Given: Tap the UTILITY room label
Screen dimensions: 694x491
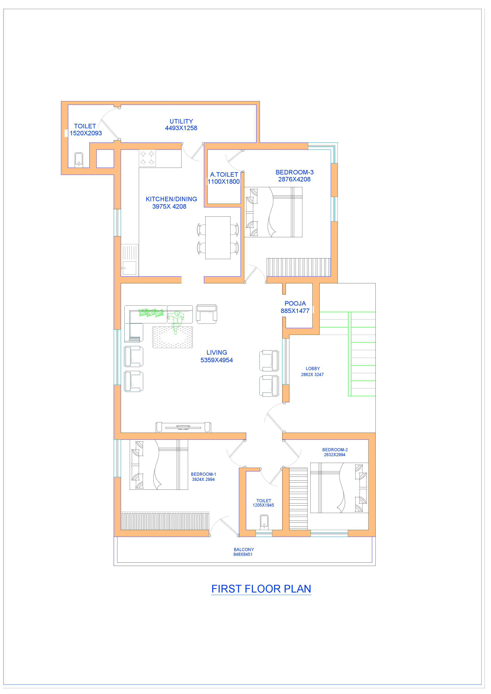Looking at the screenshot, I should [181, 121].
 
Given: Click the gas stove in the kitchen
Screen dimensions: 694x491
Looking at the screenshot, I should [147, 158].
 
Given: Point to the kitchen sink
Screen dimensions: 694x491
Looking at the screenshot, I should [129, 268].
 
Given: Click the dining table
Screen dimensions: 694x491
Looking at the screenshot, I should [218, 238].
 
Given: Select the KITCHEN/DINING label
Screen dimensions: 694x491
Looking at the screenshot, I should [171, 199].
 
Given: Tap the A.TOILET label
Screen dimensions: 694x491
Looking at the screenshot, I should [224, 175].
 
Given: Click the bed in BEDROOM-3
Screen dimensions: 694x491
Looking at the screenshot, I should [273, 212].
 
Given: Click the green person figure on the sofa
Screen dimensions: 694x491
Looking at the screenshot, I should [176, 320].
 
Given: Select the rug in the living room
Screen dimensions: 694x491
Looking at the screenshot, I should [172, 337].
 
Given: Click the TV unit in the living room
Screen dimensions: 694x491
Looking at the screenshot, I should [183, 427].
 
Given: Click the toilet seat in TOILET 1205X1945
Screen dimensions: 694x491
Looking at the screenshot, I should [264, 522].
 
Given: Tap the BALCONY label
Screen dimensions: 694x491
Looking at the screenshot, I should [244, 549].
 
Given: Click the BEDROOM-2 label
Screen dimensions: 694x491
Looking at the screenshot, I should [335, 450].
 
